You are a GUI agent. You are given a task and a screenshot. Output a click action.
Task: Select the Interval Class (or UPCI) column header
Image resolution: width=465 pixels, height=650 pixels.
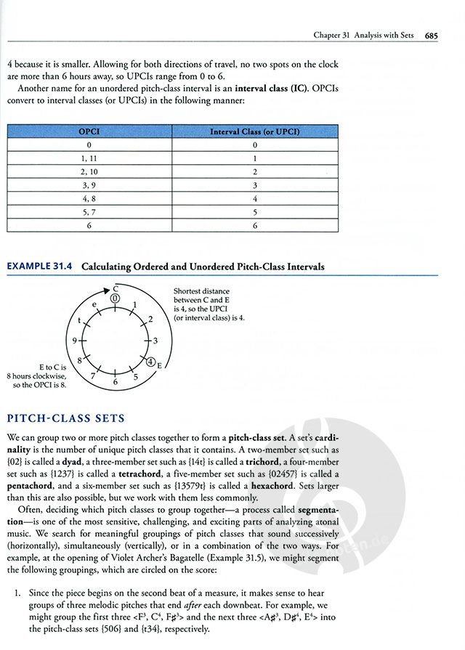pyautogui.click(x=254, y=131)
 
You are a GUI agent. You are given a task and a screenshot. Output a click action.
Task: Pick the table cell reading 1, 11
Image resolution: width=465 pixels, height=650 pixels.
pyautogui.click(x=89, y=158)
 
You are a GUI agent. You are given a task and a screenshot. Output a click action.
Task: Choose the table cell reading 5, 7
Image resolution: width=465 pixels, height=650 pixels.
pyautogui.click(x=89, y=211)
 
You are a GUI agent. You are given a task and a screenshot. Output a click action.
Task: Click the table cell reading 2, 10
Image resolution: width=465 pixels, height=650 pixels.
pyautogui.click(x=89, y=171)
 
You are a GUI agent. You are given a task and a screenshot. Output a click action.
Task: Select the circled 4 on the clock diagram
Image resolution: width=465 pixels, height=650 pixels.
pyautogui.click(x=150, y=361)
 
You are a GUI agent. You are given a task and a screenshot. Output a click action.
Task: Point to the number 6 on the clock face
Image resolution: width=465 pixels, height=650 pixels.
pyautogui.click(x=115, y=381)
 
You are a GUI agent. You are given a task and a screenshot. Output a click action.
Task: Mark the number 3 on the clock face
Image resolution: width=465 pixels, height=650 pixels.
pyautogui.click(x=155, y=340)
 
